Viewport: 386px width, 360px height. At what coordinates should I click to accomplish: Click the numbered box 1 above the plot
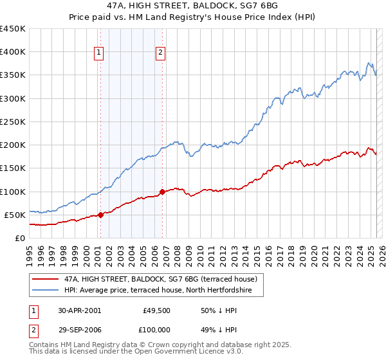coord(100,53)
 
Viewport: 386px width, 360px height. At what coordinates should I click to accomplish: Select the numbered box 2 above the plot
coord(160,53)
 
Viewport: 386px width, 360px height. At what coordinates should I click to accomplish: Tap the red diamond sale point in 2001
coord(100,215)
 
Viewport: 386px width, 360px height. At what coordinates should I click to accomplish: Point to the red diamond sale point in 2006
coord(162,192)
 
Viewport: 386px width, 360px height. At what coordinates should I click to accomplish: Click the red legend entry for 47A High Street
coord(160,279)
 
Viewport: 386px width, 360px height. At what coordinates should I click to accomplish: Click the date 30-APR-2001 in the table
coord(80,310)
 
